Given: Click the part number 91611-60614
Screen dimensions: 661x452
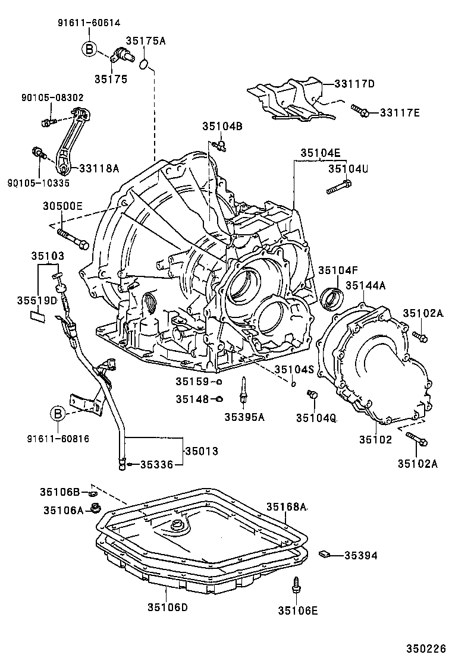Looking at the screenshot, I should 89,23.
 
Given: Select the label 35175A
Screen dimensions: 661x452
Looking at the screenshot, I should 145,41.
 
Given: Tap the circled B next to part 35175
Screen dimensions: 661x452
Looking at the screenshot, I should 89,49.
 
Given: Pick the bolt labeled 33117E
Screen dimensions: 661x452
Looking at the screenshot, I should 359,110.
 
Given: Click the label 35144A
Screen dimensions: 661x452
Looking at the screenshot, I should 366,286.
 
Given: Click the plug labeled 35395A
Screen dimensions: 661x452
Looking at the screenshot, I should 244,390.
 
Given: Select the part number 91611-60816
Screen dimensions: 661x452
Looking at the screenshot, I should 58,439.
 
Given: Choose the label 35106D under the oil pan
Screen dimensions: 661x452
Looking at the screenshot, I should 168,607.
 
